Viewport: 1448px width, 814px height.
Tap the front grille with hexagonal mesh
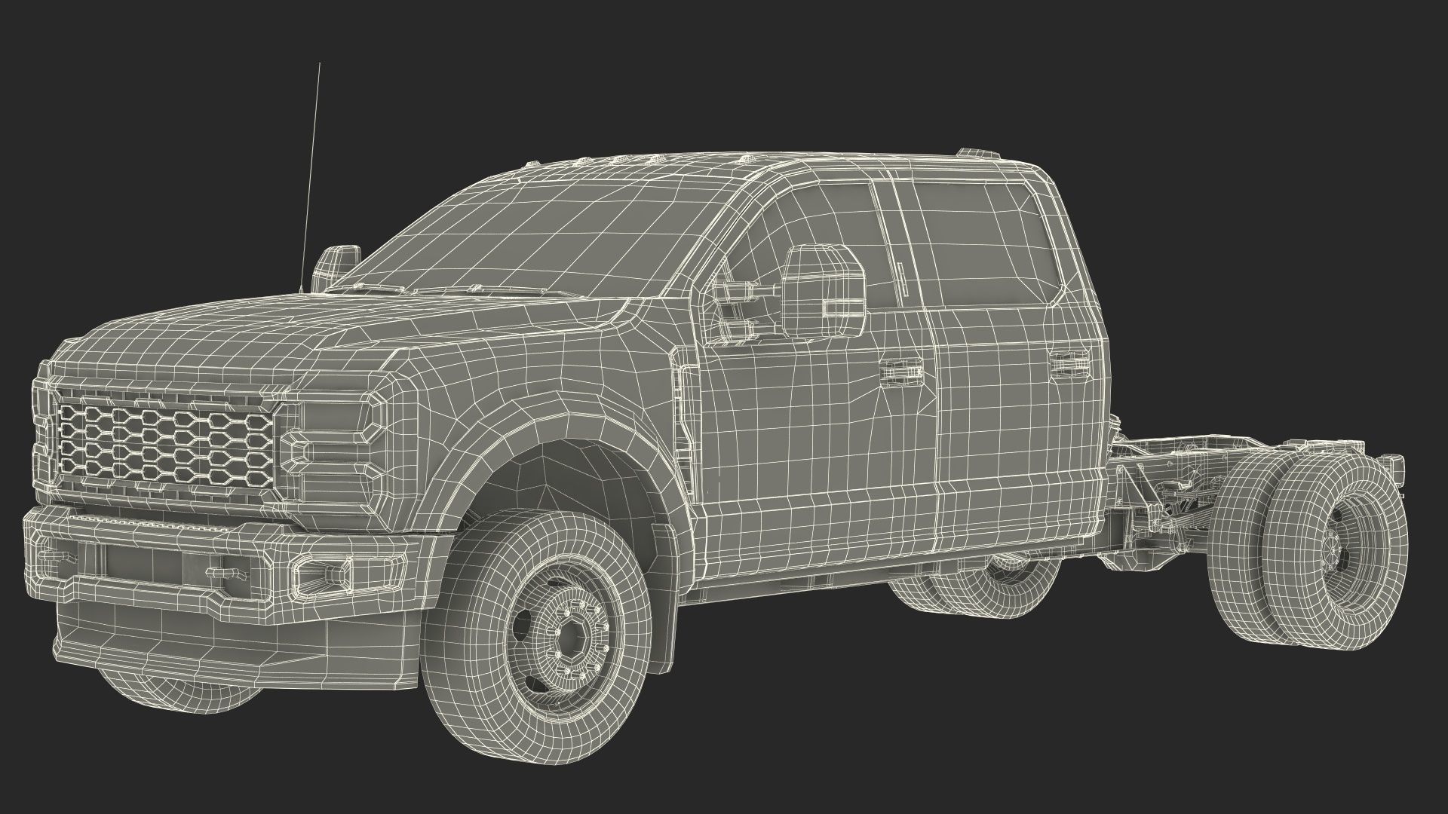(166, 444)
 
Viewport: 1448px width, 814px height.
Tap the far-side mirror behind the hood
(337, 263)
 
